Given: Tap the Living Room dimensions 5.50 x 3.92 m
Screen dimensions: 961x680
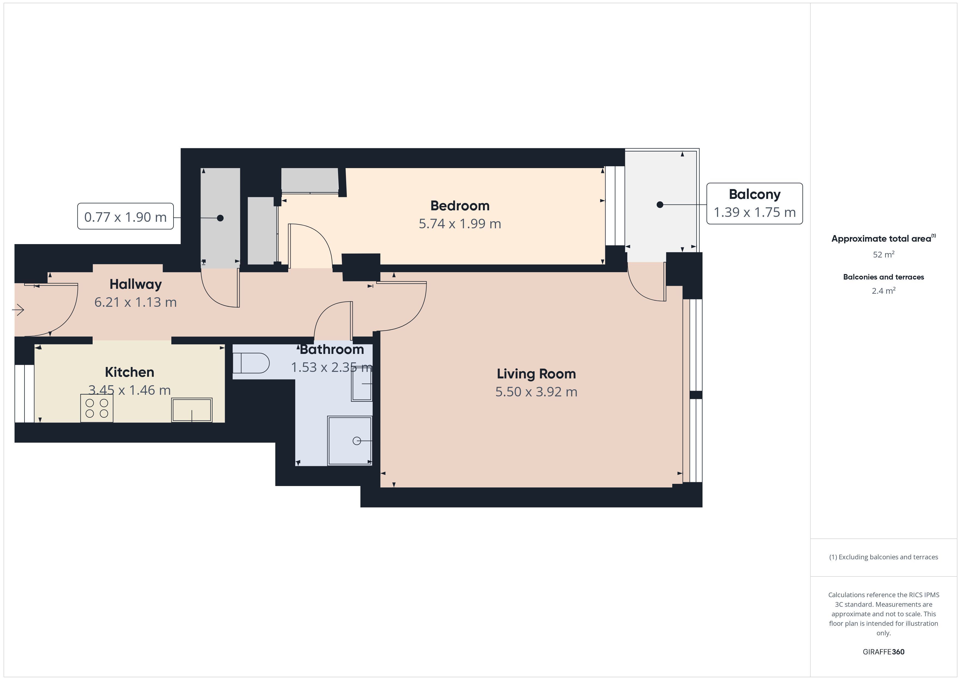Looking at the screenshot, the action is click(536, 392).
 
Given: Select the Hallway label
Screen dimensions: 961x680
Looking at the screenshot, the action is click(136, 284).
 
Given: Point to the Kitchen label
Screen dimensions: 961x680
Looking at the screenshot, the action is click(129, 372).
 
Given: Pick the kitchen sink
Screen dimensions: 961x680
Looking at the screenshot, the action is click(192, 410).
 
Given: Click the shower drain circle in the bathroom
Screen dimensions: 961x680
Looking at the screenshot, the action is click(357, 441).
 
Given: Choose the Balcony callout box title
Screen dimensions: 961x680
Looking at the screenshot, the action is click(755, 194).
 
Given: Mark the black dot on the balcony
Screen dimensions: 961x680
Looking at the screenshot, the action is click(660, 205).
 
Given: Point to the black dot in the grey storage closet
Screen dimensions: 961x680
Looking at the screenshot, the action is click(220, 218).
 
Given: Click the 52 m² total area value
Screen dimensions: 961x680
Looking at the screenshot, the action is click(884, 254).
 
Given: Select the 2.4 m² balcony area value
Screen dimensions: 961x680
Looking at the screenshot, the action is click(884, 291).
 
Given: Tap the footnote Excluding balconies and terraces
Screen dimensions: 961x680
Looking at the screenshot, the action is click(884, 557).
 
